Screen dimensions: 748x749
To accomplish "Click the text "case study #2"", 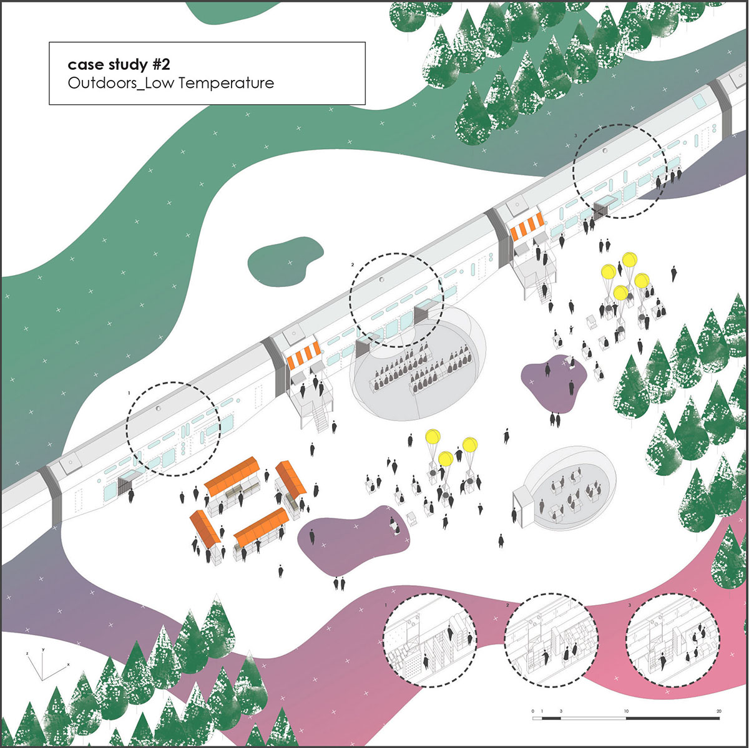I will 119,64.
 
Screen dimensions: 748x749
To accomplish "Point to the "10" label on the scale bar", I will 626,712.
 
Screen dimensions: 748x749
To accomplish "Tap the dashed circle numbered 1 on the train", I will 173,429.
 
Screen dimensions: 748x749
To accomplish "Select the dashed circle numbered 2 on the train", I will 396,300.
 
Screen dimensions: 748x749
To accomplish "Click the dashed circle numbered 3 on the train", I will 620,171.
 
